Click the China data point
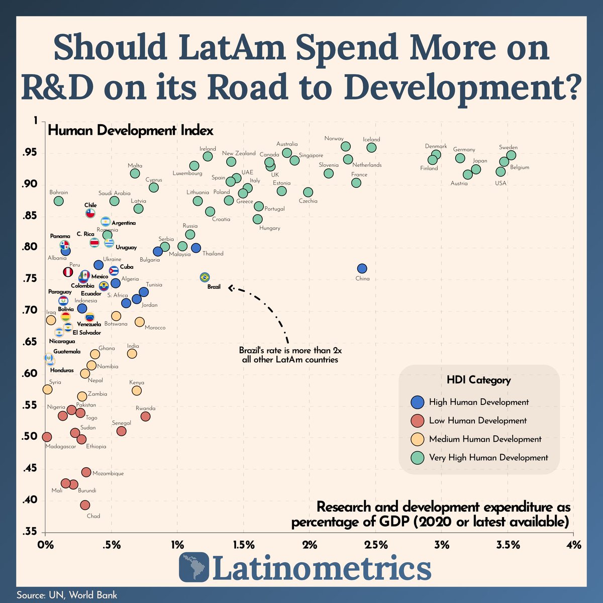click(x=362, y=269)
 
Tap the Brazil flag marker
click(x=205, y=277)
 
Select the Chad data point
click(x=85, y=505)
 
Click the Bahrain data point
click(x=59, y=201)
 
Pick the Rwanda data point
click(x=146, y=417)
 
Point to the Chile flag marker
click(x=90, y=214)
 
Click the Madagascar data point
click(x=47, y=437)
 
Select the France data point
click(x=356, y=183)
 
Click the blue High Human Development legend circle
click(x=417, y=402)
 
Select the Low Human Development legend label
click(x=477, y=421)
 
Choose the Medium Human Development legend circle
click(x=417, y=439)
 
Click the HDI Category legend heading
click(x=478, y=380)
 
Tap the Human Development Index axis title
click(x=131, y=131)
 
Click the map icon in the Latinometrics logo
click(x=195, y=568)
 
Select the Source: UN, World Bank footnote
click(x=67, y=595)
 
